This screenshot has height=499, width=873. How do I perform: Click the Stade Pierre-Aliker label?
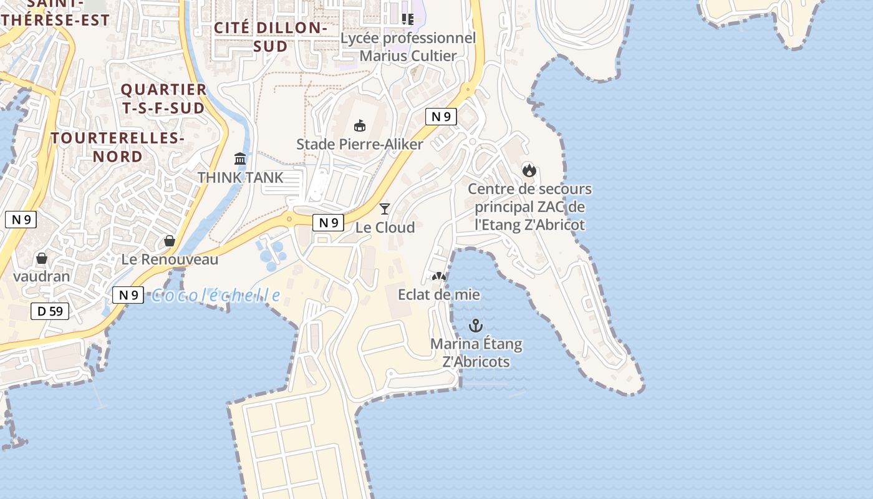point(359,144)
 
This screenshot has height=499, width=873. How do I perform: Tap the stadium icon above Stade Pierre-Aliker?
point(360,125)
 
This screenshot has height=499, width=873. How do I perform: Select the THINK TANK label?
point(240,177)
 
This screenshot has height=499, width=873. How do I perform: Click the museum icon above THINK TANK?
point(240,158)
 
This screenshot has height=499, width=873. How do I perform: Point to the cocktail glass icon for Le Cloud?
point(385,208)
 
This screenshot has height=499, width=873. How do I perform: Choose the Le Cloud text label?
point(385,228)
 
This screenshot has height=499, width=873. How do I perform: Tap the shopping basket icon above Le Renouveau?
point(169,241)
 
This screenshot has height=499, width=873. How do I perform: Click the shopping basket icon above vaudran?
point(42,258)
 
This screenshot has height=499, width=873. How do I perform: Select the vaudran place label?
point(42,276)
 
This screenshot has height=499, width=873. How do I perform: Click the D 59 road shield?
point(50,311)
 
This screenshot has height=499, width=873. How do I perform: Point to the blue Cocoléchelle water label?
point(216,295)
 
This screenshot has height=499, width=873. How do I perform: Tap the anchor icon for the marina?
point(476,326)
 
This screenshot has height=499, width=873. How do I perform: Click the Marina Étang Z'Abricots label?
point(476,352)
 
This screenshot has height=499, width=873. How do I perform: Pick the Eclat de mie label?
point(440,294)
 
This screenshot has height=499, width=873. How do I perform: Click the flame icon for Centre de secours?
point(529,170)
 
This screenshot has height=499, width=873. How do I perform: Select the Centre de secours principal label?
point(529,206)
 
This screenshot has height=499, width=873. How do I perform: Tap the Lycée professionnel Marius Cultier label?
point(408,47)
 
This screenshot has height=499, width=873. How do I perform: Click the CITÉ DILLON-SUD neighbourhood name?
point(271,37)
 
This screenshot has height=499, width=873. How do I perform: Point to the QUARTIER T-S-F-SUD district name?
point(163,99)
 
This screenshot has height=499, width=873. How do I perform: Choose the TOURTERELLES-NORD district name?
point(118,147)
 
